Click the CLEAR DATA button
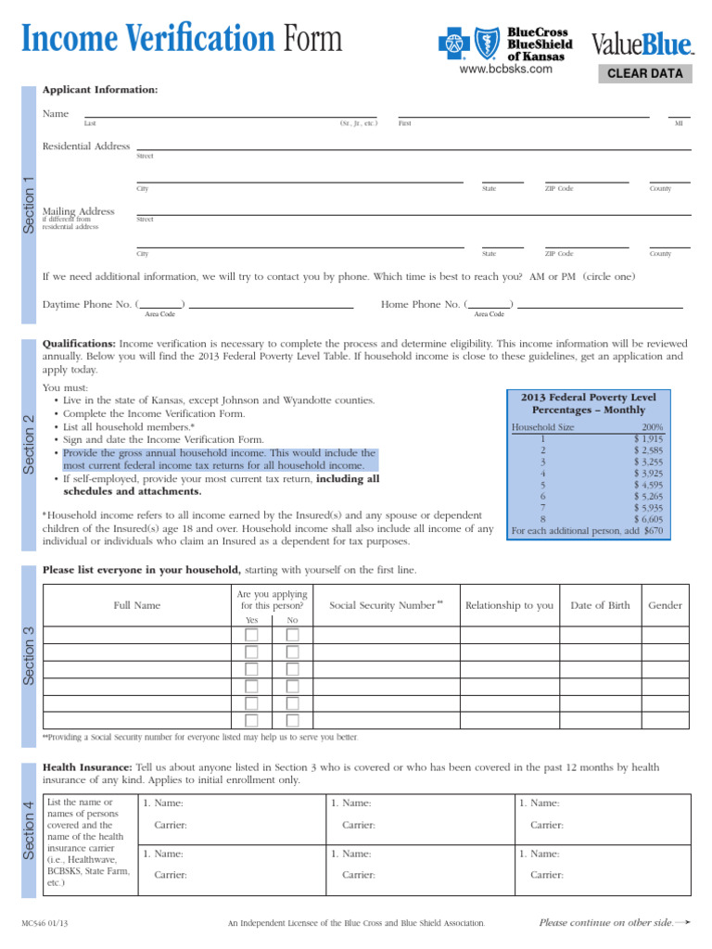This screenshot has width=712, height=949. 645,74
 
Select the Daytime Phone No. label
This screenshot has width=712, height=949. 87,304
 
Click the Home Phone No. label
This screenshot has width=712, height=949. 420,304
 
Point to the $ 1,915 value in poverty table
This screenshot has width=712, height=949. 648,438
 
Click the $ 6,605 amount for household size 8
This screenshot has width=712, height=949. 648,520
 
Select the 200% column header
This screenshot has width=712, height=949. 652,427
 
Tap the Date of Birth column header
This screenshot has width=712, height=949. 600,605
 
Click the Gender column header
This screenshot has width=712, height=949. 665,605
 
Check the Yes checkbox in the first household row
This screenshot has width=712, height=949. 251,635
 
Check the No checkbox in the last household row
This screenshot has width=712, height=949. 293,720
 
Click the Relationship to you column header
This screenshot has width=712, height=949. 509,605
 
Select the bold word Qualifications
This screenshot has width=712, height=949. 79,343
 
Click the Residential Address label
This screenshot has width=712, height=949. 86,146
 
